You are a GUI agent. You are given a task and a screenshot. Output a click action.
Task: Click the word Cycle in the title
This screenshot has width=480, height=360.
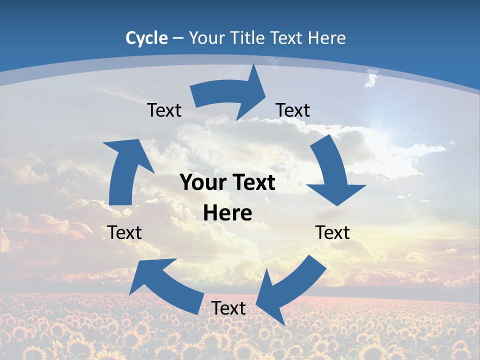(x=146, y=38)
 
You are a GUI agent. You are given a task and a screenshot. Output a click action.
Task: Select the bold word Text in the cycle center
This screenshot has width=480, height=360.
(x=252, y=183)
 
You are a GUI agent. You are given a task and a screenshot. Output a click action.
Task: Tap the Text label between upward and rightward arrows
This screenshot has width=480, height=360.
(x=164, y=110)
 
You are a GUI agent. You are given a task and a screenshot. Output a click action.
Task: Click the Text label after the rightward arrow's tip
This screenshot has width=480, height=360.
(x=293, y=110)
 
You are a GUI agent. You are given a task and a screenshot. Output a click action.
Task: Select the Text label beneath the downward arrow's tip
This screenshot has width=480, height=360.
(x=332, y=232)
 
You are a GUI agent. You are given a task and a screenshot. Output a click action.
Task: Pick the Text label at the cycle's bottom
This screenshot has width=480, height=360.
(x=228, y=308)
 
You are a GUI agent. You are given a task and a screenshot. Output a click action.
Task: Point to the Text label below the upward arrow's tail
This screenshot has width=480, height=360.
(x=124, y=232)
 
